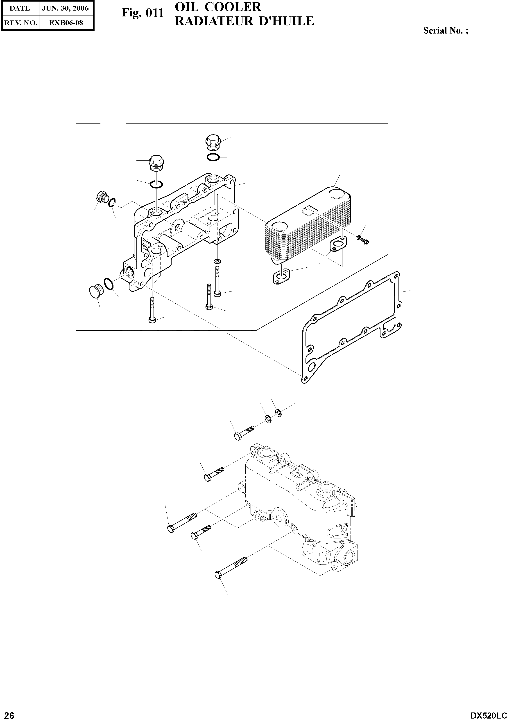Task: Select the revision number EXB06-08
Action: [66, 22]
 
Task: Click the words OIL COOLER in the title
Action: [218, 7]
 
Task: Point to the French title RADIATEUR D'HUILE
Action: [244, 21]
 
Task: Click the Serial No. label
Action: [446, 31]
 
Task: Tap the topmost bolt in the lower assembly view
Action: [244, 432]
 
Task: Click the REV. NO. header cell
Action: [20, 22]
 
